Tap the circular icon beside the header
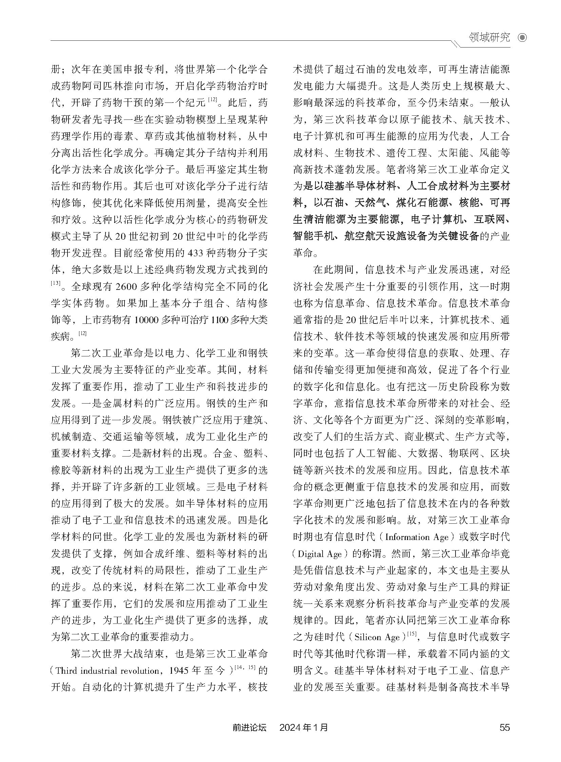coord(522,38)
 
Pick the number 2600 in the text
coord(126,286)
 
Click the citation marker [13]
coord(56,283)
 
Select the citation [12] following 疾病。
coord(82,334)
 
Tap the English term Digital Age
coord(320,554)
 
